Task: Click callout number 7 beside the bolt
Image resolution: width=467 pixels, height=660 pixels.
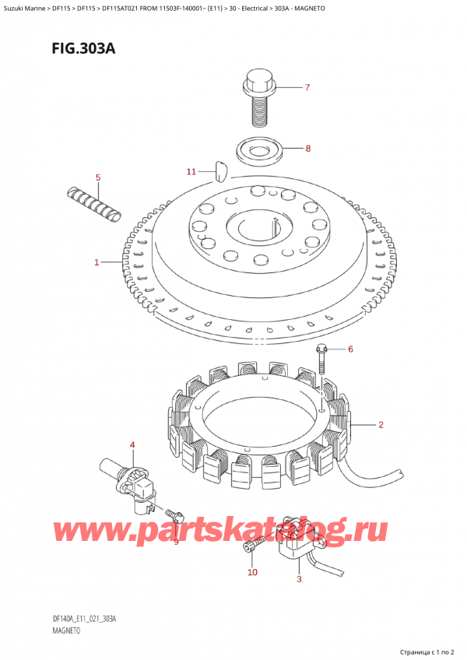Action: [x=307, y=87]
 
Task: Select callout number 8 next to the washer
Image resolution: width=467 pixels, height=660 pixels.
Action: [x=307, y=148]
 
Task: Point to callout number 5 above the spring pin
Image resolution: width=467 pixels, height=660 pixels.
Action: [x=98, y=178]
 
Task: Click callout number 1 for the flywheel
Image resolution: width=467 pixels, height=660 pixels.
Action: [x=97, y=263]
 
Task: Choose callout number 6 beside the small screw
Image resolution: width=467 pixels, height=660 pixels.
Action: [x=350, y=349]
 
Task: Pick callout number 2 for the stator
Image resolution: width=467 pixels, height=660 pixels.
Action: [x=381, y=425]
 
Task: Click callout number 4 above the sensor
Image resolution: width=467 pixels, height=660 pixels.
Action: [x=132, y=445]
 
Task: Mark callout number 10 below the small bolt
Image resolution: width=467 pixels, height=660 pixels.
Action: [x=251, y=573]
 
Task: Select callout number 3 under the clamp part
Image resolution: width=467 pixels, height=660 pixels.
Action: [x=299, y=579]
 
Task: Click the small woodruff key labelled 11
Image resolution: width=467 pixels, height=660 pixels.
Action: [x=220, y=166]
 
